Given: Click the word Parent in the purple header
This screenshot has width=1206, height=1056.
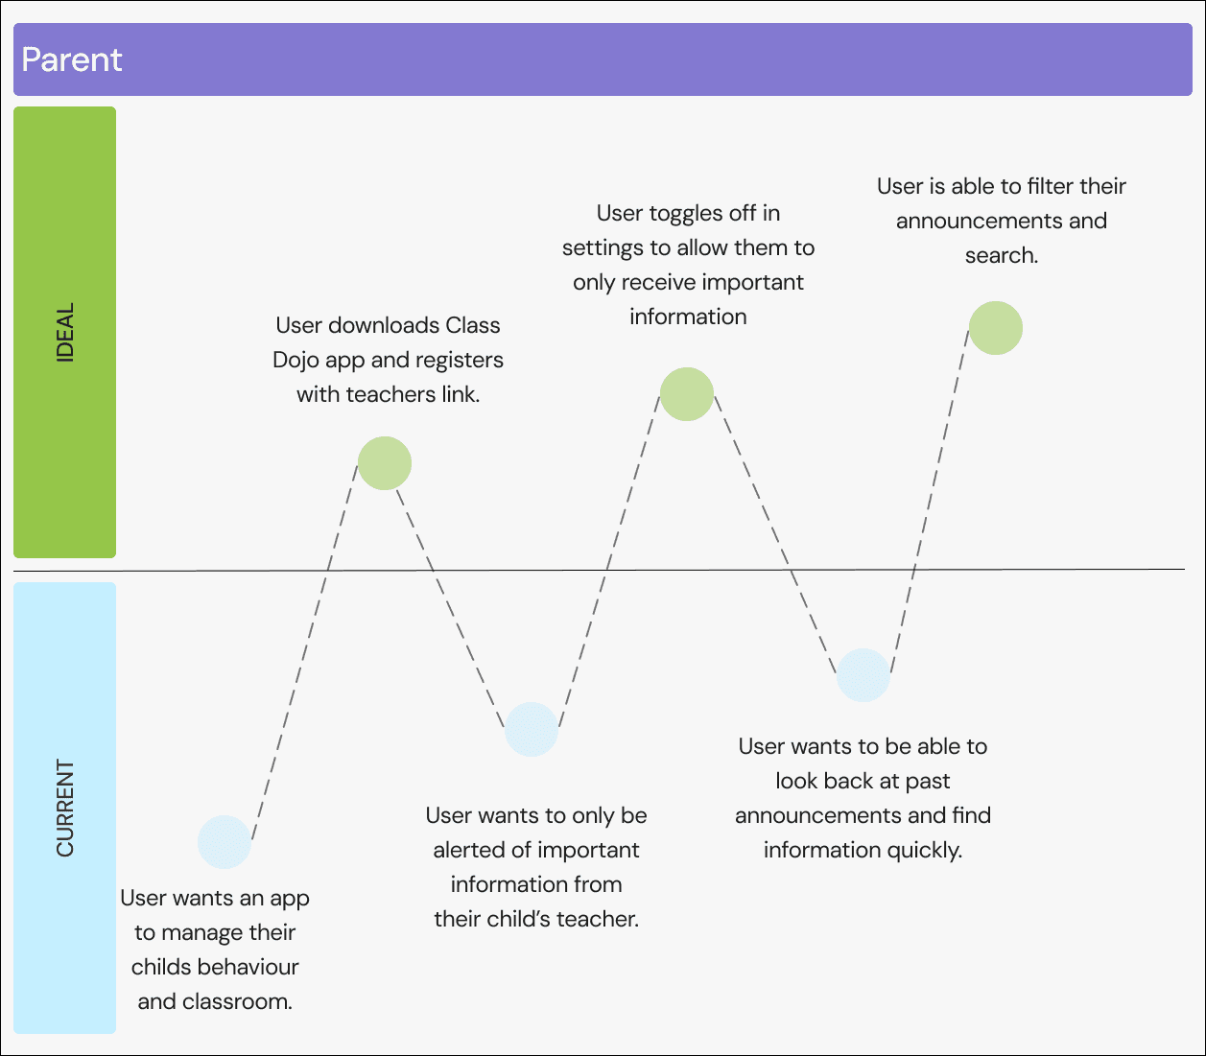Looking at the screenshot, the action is point(72,59).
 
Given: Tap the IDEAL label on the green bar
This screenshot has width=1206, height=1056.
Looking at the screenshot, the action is point(65,332).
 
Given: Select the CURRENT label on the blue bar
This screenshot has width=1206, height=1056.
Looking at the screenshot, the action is point(65,808).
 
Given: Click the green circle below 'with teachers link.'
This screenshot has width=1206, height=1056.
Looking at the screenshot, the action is point(385,463).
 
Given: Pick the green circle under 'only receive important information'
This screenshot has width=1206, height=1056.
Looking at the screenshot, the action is point(687,394).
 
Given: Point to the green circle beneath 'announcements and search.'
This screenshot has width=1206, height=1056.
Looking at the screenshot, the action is point(996,328).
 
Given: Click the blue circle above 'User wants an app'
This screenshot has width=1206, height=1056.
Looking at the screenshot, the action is point(225,842).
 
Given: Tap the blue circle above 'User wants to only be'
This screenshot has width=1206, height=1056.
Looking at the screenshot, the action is point(532,729).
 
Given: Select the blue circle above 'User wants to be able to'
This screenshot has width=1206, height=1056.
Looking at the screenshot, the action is point(863,675).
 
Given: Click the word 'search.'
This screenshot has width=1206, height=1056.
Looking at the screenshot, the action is point(1002,255).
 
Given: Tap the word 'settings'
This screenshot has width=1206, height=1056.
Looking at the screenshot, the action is point(603,247).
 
